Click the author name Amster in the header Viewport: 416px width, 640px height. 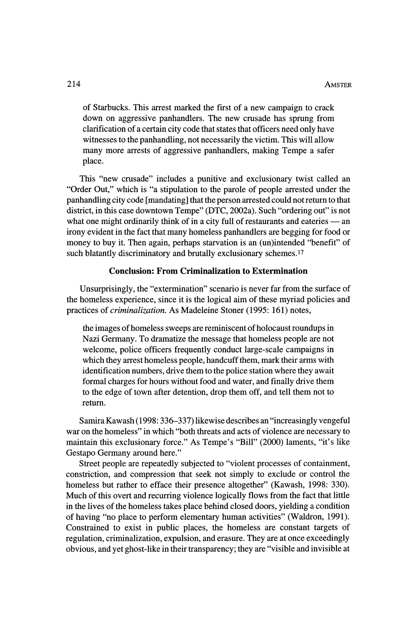coord(338,85)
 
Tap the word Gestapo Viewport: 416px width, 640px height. coord(80,453)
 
